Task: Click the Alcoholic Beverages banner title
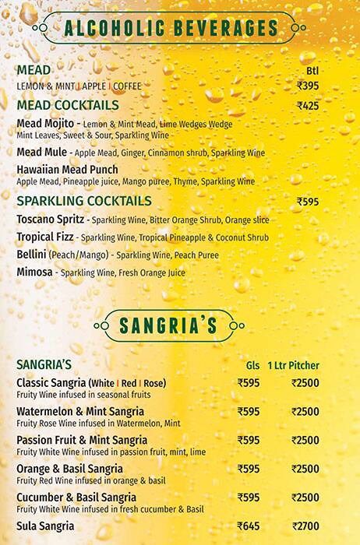171,29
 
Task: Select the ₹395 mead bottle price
309,86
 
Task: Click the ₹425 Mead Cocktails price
309,106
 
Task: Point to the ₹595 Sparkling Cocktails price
309,201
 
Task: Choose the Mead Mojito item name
44,123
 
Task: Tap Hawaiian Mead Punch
67,170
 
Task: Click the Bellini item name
31,254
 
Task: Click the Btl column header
313,70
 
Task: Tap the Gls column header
252,365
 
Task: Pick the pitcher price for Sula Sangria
305,526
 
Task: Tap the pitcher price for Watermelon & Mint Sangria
305,411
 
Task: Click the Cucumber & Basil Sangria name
76,497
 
